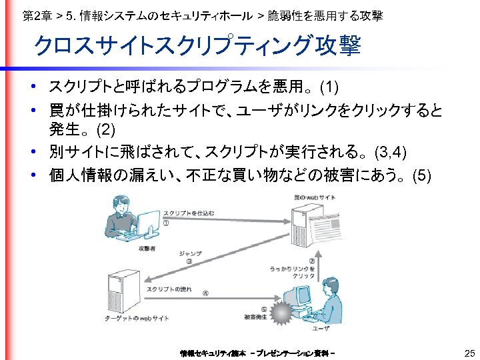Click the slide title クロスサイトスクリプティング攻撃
point(197,46)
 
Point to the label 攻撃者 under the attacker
point(147,248)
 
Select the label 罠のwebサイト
point(315,198)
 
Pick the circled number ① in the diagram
point(165,223)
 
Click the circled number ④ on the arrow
point(205,293)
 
